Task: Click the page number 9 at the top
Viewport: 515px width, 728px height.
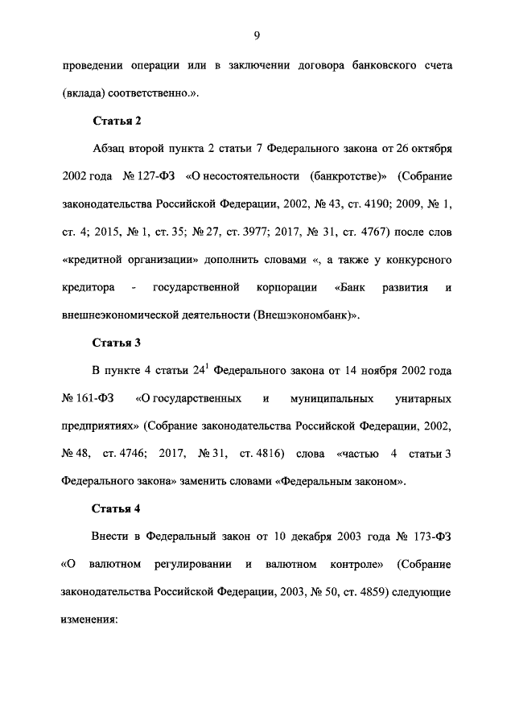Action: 257,34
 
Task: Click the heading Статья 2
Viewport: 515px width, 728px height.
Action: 117,121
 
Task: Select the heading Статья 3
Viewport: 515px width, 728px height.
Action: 117,342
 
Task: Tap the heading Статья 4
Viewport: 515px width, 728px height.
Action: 117,508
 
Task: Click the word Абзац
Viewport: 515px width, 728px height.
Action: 112,149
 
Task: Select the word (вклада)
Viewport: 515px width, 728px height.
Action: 84,93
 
